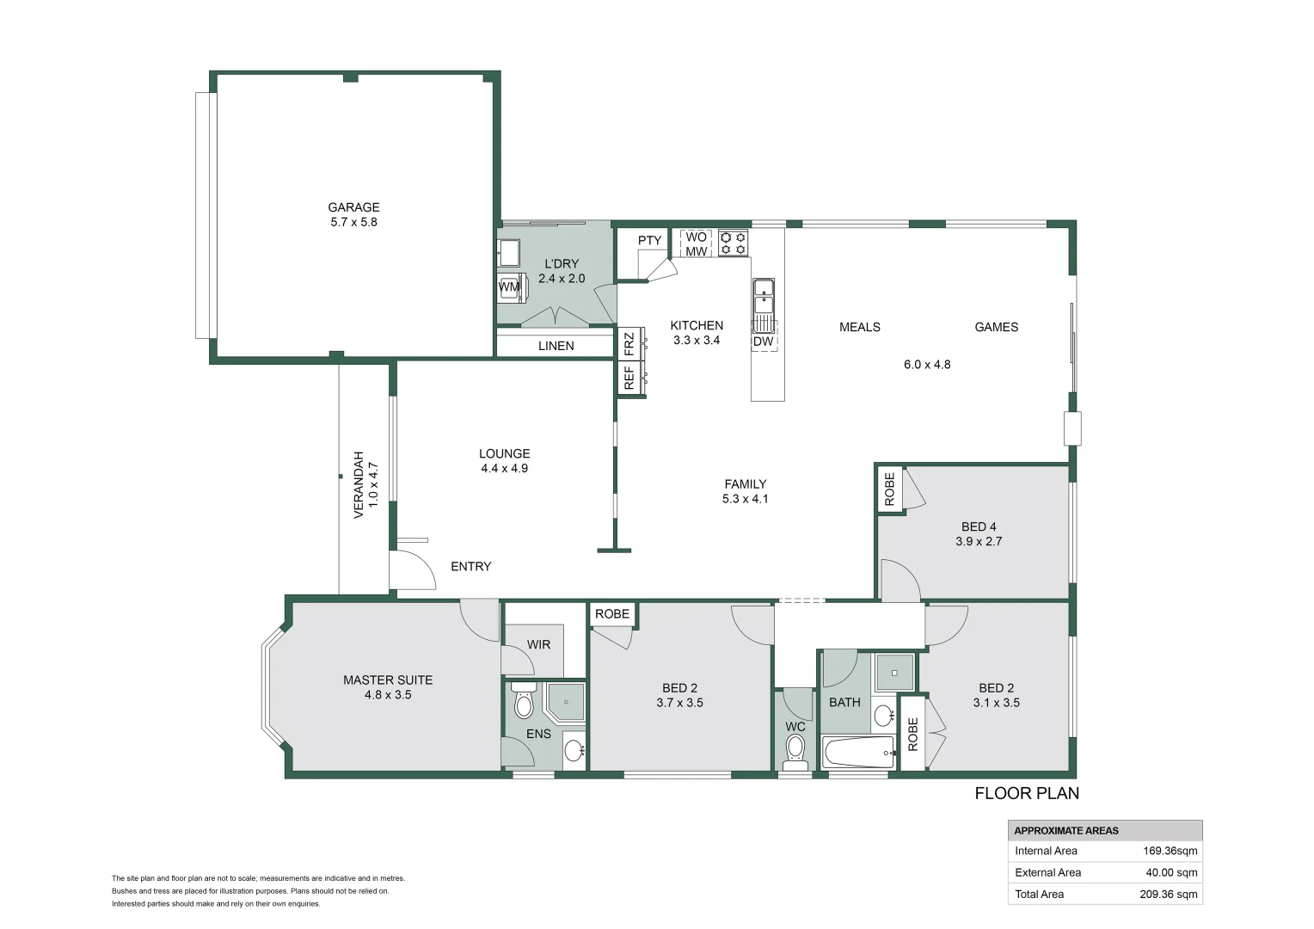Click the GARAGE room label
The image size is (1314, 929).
pos(353,207)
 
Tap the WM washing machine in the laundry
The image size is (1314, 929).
pos(509,286)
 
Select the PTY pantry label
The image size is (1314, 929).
pos(649,241)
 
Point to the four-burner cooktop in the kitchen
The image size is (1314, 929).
pos(734,243)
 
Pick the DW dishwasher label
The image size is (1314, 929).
pos(763,341)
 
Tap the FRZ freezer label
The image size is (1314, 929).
pos(629,344)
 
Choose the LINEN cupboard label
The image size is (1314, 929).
pos(556,346)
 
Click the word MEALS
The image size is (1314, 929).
pos(859,327)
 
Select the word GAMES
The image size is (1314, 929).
pos(996,327)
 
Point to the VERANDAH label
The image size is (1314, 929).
pos(359,484)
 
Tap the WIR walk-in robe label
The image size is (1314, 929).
pos(538,644)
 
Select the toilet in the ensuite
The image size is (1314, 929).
pos(523,703)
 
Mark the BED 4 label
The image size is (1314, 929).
pos(979,526)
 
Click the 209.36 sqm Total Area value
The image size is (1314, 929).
pos(1168,894)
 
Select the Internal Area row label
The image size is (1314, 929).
pos(1046,851)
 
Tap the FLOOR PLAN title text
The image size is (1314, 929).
pos(1026,793)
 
